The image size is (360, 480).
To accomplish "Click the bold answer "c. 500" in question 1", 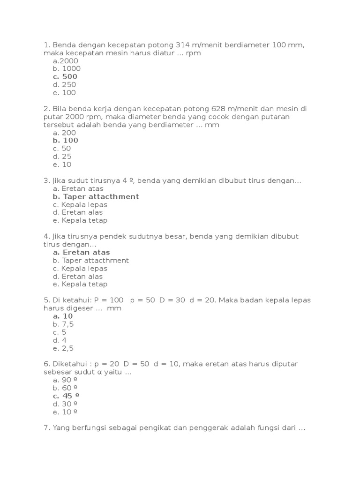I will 65,76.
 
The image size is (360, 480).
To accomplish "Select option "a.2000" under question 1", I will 66,60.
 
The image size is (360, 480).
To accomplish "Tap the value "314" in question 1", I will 183,45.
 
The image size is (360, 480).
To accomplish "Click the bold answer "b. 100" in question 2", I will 66,140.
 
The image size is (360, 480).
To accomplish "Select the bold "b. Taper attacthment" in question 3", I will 96,196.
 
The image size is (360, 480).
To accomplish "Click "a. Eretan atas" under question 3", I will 78,188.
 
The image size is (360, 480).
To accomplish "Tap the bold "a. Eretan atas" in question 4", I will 82,252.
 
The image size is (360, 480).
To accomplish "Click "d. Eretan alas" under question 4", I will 78,276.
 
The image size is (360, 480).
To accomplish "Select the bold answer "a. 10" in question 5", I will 63,316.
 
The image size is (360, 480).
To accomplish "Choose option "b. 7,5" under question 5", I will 63,324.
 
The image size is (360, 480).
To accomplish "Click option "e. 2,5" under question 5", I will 63,348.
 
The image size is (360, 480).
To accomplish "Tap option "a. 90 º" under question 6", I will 65,380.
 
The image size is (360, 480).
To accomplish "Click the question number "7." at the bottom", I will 46,427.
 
